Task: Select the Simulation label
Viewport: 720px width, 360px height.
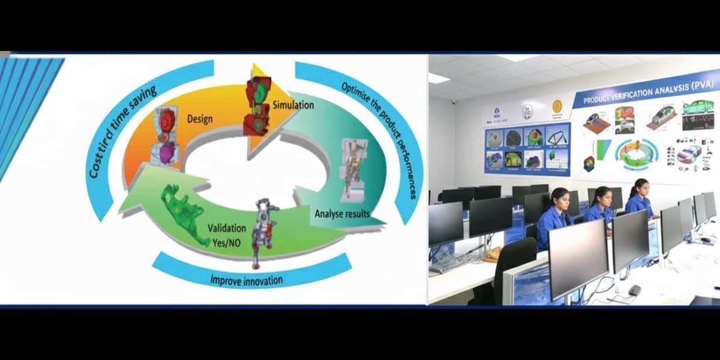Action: pyautogui.click(x=293, y=105)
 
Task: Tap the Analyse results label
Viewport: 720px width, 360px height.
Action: pyautogui.click(x=342, y=213)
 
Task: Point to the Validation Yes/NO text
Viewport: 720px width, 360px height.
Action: pyautogui.click(x=226, y=235)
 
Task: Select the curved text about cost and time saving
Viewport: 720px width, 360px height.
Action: pyautogui.click(x=122, y=132)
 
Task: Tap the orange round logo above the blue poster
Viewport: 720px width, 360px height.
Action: pyautogui.click(x=557, y=107)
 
